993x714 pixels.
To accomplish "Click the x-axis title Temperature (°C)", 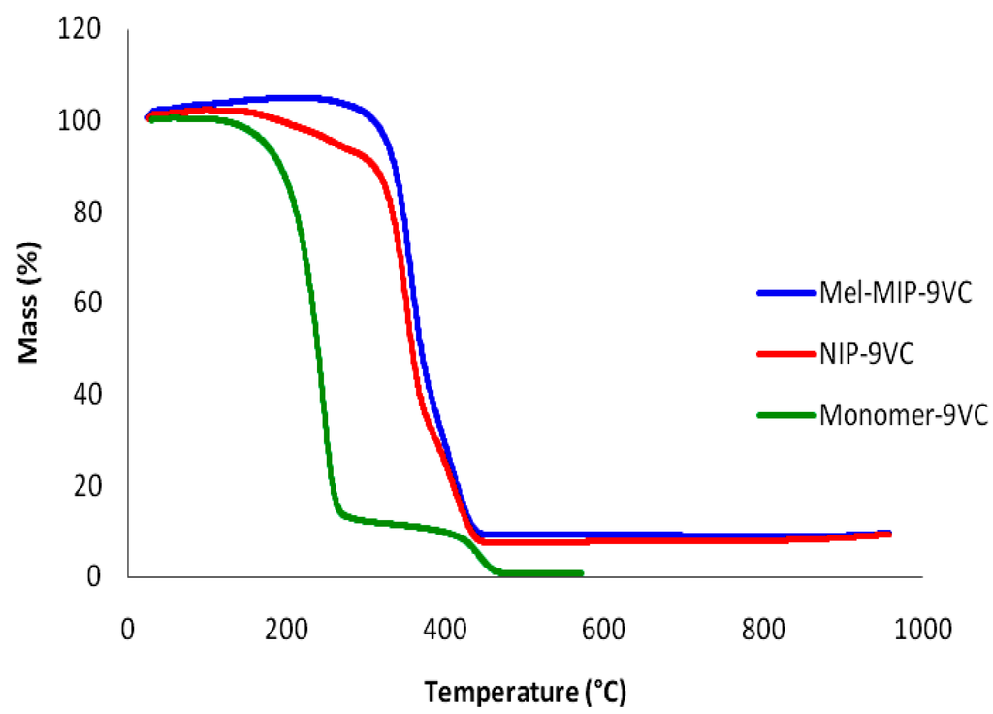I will (x=524, y=693).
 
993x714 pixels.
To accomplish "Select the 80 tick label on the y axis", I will (x=87, y=212).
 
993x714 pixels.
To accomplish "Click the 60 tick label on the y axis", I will (x=87, y=304).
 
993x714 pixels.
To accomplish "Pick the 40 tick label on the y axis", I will (x=87, y=395).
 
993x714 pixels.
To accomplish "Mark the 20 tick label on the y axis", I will (x=87, y=486).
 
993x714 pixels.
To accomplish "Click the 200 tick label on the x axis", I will (x=286, y=628).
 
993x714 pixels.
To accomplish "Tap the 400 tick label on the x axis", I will (x=445, y=628).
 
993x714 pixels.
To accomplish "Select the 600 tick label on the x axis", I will (x=604, y=628).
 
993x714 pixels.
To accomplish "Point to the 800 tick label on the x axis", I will (x=763, y=628).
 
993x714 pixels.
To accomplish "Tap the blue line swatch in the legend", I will (x=785, y=292).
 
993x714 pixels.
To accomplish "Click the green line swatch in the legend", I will (x=785, y=415).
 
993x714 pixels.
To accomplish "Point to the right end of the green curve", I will (x=581, y=573).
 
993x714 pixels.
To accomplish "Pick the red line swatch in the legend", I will (x=785, y=353).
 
